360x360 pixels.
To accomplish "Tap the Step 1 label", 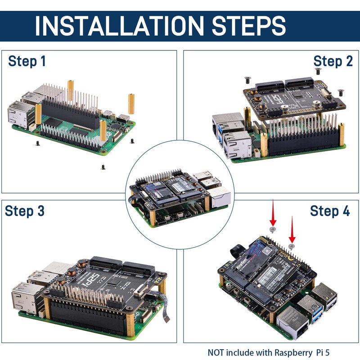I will pos(27,61).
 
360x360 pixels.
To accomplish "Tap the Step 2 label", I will pos(333,61).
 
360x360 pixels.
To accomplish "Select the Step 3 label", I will pos(25,211).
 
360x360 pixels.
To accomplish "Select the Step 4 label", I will pos(329,211).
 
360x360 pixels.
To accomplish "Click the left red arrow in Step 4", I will pos(272,214).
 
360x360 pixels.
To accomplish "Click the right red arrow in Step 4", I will pos(292,229).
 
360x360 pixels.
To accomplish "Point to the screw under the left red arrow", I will pos(272,229).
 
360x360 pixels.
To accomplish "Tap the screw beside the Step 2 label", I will pos(318,71).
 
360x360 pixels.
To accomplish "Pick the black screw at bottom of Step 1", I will pos(103,167).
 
